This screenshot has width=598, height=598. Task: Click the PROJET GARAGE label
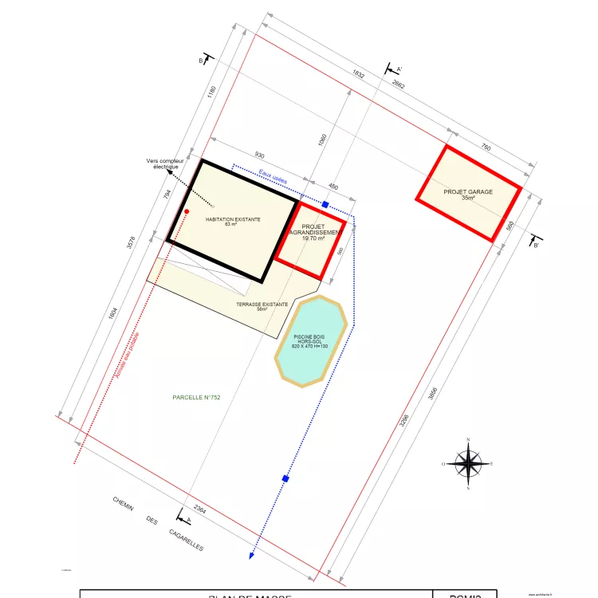coord(468,192)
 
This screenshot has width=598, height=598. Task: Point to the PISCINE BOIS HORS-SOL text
coord(310,341)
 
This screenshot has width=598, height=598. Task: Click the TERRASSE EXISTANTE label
coord(262,305)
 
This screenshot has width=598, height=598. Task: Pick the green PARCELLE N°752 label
coord(195,397)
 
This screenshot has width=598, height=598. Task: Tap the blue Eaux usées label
coord(273,176)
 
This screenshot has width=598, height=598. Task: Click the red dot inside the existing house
coord(187,212)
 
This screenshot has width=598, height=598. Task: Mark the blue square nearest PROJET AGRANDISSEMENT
coord(325,205)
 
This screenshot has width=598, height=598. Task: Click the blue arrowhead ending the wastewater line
coord(252,555)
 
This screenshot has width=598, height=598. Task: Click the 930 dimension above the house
coord(260,155)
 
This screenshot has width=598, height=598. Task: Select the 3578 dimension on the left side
coord(132,243)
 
